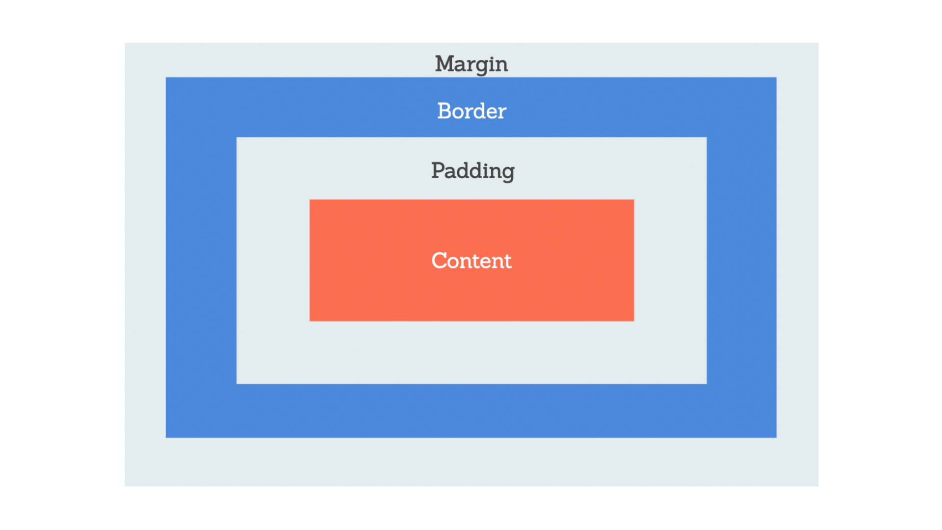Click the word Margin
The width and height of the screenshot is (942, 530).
pos(471,64)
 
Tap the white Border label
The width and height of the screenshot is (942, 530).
pos(471,111)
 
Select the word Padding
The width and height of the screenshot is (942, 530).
pos(473,171)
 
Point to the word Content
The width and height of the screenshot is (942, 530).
pos(471,260)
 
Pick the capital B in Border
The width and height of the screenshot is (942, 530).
pos(445,111)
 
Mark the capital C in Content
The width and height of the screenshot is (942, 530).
pos(439,260)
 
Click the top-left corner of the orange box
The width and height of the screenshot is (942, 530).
pos(310,200)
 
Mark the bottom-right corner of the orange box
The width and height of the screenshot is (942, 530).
pos(634,321)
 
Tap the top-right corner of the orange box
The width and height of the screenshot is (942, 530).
pos(634,200)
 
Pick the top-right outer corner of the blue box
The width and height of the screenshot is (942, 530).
pos(776,78)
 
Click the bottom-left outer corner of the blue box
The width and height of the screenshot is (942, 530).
pos(166,437)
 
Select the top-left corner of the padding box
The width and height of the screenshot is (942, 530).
pos(236,137)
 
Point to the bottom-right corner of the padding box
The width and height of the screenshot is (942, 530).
pos(706,384)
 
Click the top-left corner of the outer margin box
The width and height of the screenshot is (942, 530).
pos(125,43)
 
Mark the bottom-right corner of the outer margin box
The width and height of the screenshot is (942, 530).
pos(818,486)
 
